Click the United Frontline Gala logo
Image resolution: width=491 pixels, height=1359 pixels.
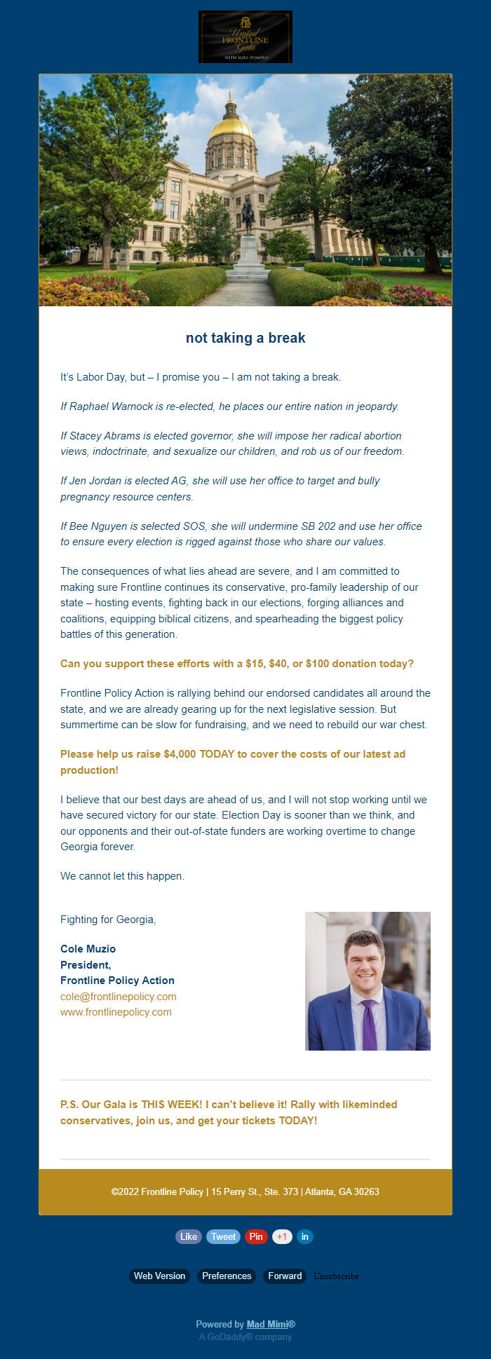[245, 37]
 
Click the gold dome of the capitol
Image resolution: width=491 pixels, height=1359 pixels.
[230, 127]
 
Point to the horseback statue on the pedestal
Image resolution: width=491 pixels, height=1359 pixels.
[248, 215]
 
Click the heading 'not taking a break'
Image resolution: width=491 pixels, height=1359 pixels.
[245, 338]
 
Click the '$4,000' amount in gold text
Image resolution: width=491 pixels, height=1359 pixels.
[180, 754]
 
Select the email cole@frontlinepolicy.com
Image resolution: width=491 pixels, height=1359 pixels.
[119, 997]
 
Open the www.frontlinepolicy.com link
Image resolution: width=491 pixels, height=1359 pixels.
[116, 1012]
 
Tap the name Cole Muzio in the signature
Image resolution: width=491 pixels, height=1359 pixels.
[88, 949]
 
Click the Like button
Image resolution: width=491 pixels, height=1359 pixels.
[189, 1237]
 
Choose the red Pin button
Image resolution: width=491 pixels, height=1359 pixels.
[256, 1237]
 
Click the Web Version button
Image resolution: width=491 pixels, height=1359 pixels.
[160, 1276]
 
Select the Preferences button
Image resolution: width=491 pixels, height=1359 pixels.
[227, 1276]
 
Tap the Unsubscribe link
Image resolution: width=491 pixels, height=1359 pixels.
[336, 1276]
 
